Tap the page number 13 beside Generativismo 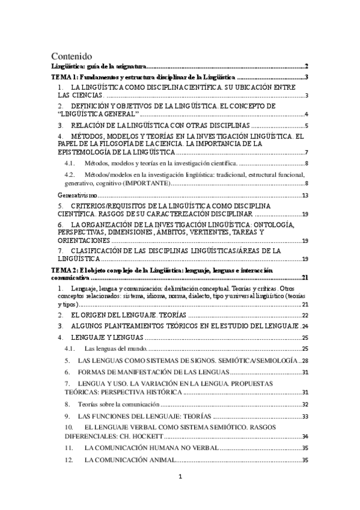pyautogui.click(x=305, y=195)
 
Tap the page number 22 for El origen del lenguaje pyautogui.click(x=305, y=315)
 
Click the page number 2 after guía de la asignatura pyautogui.click(x=307, y=66)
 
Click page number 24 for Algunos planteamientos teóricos pyautogui.click(x=305, y=327)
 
